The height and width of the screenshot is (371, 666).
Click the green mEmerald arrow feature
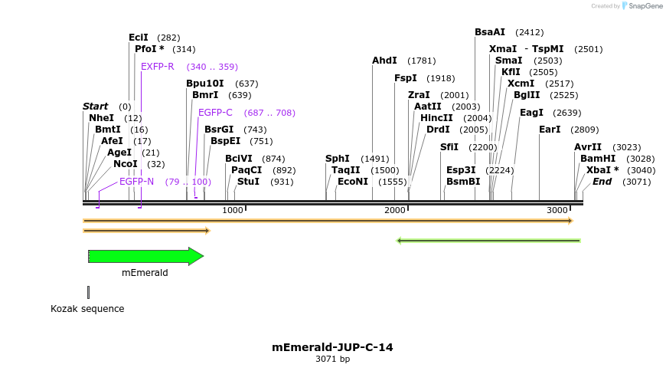click(145, 256)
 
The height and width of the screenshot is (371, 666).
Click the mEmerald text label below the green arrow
click(145, 272)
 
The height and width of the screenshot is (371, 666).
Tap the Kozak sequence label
click(87, 309)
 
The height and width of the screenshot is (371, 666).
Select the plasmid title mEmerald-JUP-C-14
click(332, 347)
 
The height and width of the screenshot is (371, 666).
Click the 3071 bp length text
click(332, 359)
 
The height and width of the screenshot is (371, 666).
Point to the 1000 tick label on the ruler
click(232, 210)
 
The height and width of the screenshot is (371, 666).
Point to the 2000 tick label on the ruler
click(395, 210)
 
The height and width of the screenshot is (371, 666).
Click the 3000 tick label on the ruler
click(557, 210)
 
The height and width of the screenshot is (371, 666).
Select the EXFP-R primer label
click(158, 67)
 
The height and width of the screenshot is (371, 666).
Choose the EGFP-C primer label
click(215, 113)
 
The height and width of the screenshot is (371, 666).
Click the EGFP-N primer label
click(136, 182)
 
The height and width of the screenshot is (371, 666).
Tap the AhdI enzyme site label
click(384, 61)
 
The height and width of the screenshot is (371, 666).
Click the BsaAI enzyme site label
click(490, 32)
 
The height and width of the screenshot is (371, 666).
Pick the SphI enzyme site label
click(338, 159)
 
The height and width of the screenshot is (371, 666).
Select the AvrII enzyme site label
click(588, 147)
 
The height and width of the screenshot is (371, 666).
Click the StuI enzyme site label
click(248, 182)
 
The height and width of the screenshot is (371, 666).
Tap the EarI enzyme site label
click(550, 130)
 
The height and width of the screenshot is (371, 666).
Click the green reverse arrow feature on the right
click(488, 240)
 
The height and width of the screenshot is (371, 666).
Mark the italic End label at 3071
click(602, 182)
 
